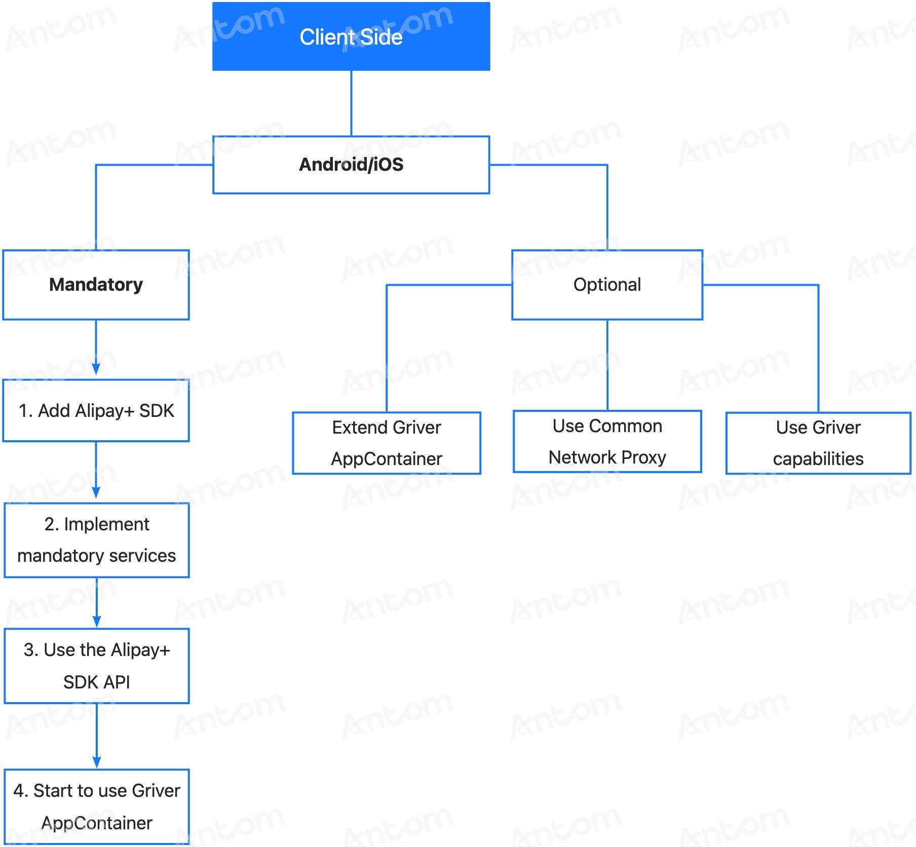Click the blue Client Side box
pos(351,36)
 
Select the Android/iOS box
pos(351,165)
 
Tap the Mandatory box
pos(96,285)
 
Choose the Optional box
pos(607,285)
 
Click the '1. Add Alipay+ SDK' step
pos(96,410)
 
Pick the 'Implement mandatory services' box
pos(96,540)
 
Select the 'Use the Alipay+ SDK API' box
pos(96,666)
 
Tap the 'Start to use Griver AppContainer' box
pos(96,806)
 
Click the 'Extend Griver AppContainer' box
pos(387,443)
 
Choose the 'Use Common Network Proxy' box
pos(607,442)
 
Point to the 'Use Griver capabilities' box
pos(818,443)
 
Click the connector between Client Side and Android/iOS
pos(351,103)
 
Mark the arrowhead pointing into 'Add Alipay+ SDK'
pos(96,369)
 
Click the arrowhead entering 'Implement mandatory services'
pos(96,492)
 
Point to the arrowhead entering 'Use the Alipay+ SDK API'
pos(96,621)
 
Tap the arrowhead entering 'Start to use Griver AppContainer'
pos(96,761)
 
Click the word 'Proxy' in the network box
pos(643,458)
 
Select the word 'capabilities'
pos(818,459)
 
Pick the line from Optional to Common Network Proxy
pos(607,365)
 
